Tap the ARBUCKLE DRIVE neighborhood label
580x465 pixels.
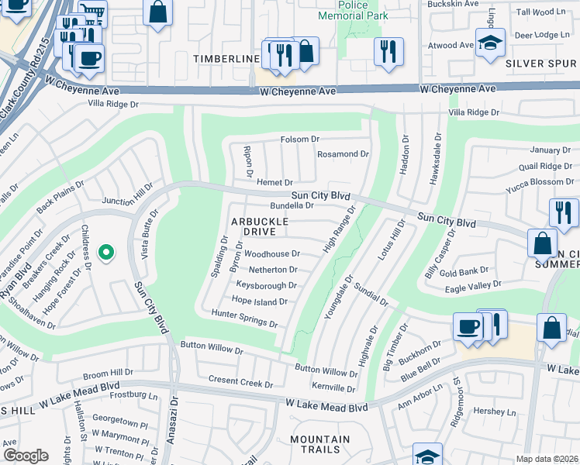point(260,226)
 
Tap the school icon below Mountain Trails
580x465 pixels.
point(427,455)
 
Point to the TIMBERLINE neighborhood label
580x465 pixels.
point(226,59)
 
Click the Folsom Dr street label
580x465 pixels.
point(299,139)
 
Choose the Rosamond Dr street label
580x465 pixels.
point(343,154)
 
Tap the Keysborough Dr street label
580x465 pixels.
point(266,285)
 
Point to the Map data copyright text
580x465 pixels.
point(547,459)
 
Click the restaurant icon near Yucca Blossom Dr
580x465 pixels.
point(563,212)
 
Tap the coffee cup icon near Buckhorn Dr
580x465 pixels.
point(468,326)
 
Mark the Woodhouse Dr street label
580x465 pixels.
point(271,253)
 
